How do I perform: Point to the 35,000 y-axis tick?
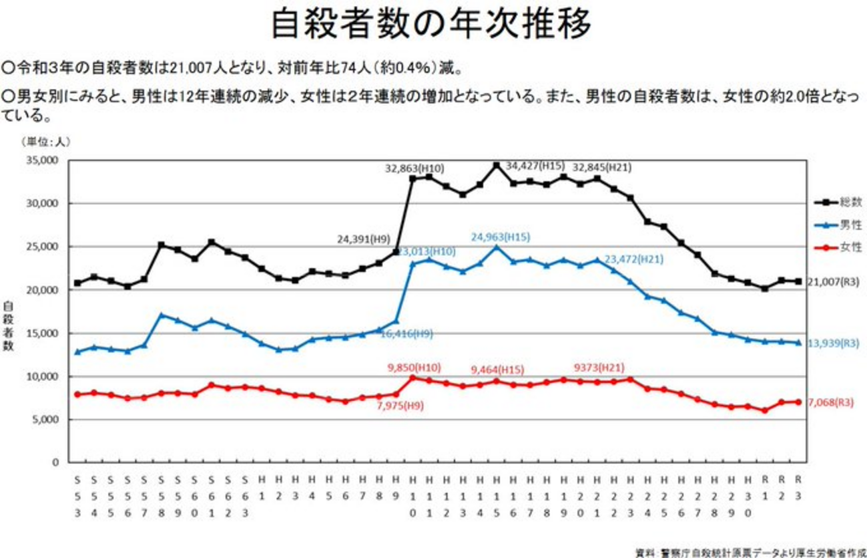pyautogui.click(x=42, y=160)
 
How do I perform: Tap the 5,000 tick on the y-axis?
pyautogui.click(x=45, y=420)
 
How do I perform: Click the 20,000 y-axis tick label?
pyautogui.click(x=42, y=290)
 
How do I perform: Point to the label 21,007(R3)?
pyautogui.click(x=836, y=282)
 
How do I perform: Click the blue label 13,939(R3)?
pyautogui.click(x=836, y=343)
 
